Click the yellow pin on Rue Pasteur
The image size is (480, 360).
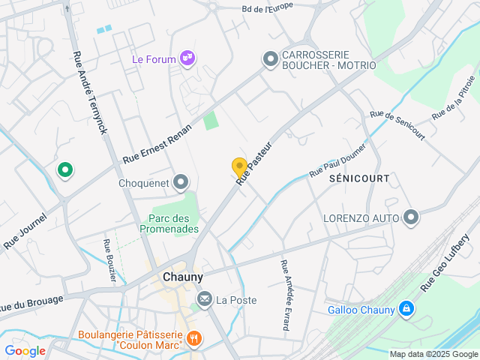click(x=239, y=168)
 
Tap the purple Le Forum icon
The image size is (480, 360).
click(x=187, y=59)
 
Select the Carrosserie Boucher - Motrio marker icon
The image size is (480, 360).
click(x=270, y=58)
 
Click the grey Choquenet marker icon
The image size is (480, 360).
click(x=181, y=181)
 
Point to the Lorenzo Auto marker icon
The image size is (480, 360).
click(x=410, y=218)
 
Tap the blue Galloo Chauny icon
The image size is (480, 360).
click(x=406, y=309)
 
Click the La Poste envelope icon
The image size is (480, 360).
click(x=204, y=300)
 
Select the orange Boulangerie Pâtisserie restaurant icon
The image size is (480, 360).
click(x=194, y=338)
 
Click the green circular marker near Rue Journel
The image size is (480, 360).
click(x=65, y=170)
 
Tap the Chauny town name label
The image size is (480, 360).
click(x=182, y=277)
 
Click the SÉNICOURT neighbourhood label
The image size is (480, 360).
click(x=359, y=178)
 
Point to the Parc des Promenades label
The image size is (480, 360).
click(x=169, y=223)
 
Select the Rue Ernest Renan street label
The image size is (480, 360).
click(x=157, y=144)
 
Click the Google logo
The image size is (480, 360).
click(x=25, y=351)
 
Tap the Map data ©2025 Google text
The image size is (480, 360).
click(x=433, y=354)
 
